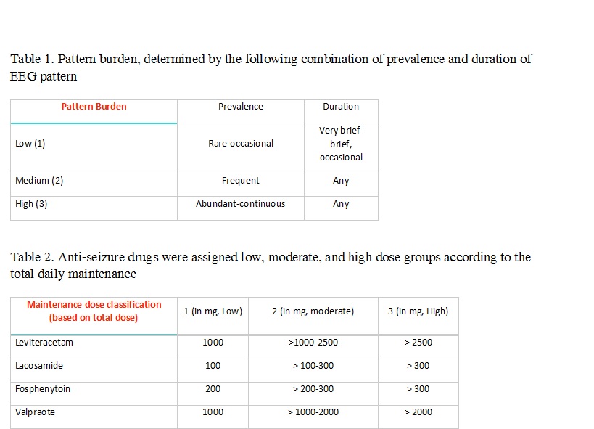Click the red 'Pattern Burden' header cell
94,107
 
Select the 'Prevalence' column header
240,107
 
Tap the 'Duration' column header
341,107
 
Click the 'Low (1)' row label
30,144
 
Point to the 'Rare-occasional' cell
240,144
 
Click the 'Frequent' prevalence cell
240,181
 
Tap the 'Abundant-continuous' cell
240,204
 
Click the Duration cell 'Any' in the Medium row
341,181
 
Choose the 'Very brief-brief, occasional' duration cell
341,144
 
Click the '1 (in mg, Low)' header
213,311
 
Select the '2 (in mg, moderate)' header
313,311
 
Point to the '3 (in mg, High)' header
417,311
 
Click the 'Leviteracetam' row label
44,343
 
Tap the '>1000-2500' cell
313,343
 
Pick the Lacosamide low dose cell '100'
213,366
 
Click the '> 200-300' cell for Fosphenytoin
313,389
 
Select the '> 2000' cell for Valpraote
417,412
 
